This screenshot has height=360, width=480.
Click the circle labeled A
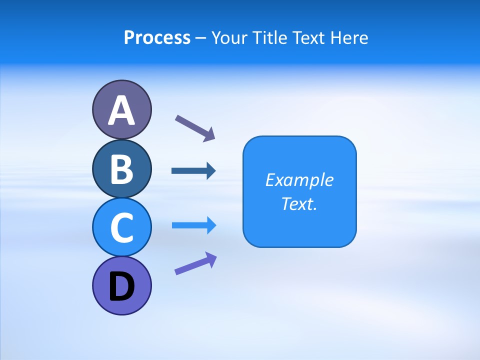click(x=121, y=109)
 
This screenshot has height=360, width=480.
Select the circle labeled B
click(x=121, y=168)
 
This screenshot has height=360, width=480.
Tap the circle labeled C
click(x=121, y=227)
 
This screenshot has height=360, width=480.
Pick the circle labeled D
click(x=121, y=285)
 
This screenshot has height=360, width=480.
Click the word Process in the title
click(x=157, y=38)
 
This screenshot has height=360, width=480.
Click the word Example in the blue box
click(x=299, y=180)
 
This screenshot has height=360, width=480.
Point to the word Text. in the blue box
click(x=299, y=203)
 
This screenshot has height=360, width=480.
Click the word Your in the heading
click(x=227, y=38)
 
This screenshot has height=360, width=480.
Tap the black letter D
click(x=121, y=287)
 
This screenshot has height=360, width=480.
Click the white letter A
click(x=121, y=110)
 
